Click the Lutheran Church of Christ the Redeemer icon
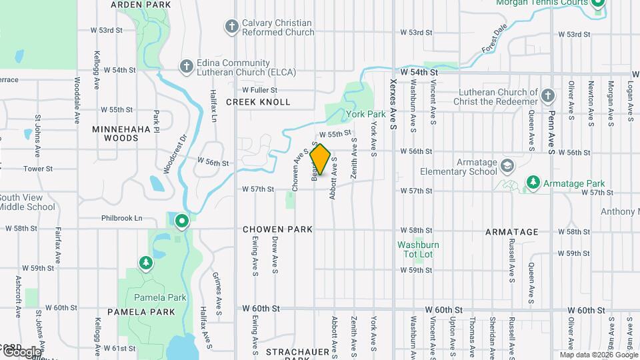[x=548, y=96]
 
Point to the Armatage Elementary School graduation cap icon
[x=508, y=165]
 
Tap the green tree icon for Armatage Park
[x=533, y=183]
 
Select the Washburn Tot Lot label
[x=415, y=249]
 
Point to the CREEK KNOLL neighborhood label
[x=258, y=102]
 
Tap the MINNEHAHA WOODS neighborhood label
[x=115, y=133]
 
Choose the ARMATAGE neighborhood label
[x=511, y=232]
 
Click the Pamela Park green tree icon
[x=146, y=263]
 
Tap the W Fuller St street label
[x=259, y=89]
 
